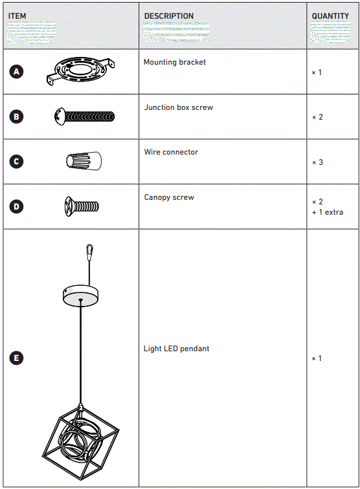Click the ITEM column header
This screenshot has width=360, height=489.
pos(17,16)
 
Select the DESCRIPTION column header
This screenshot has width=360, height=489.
pos(168,16)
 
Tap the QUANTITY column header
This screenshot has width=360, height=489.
pos(330,16)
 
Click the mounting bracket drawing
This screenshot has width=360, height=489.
pos(81,70)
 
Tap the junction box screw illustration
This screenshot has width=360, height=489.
pos(84,116)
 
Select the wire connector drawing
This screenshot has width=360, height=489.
pos(84,160)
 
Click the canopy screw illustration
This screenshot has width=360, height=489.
pos(82,206)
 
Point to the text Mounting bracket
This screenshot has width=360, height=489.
pos(174,62)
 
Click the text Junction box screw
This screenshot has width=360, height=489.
pos(179,107)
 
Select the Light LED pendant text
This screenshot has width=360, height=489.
pos(176,349)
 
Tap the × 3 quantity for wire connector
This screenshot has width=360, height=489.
pos(317,162)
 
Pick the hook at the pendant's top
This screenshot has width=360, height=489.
pos(89,250)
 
